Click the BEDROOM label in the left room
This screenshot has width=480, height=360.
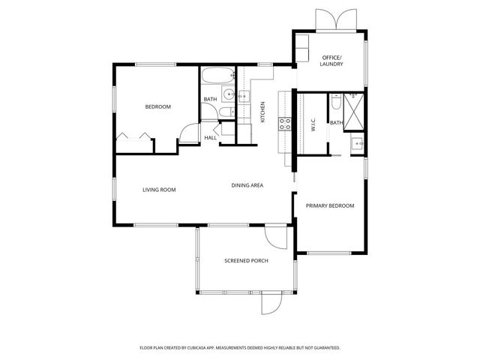click(157, 107)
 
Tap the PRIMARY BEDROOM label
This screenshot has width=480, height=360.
click(330, 205)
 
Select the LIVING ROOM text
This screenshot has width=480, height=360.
click(159, 190)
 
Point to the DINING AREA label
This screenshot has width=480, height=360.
click(247, 185)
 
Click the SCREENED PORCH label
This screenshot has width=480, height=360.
click(246, 261)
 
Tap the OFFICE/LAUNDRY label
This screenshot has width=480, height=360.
click(331, 61)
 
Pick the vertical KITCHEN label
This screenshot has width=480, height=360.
click(262, 112)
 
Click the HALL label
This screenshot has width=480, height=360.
click(211, 137)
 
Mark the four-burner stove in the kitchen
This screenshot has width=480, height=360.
click(285, 124)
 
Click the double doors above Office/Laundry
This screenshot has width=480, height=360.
click(334, 20)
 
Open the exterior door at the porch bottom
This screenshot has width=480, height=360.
click(270, 304)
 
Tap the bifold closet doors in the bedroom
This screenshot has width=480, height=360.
click(135, 136)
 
